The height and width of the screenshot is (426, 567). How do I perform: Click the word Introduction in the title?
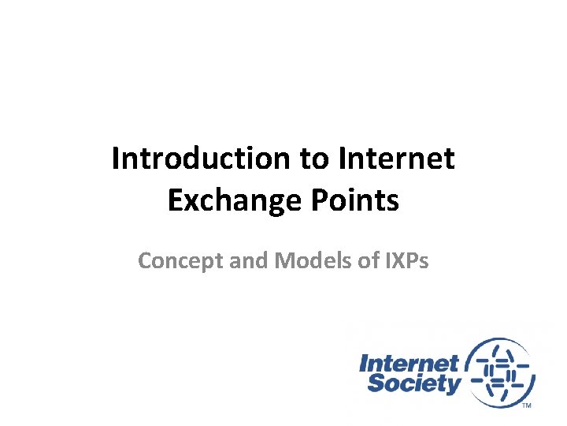[202, 159]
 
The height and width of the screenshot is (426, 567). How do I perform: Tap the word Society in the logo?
[413, 384]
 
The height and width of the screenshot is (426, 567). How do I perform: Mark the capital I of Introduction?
[116, 159]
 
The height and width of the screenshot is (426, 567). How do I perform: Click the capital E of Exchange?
[175, 201]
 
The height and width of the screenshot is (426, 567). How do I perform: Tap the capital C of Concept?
[146, 260]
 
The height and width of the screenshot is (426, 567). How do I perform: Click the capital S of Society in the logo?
[377, 384]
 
